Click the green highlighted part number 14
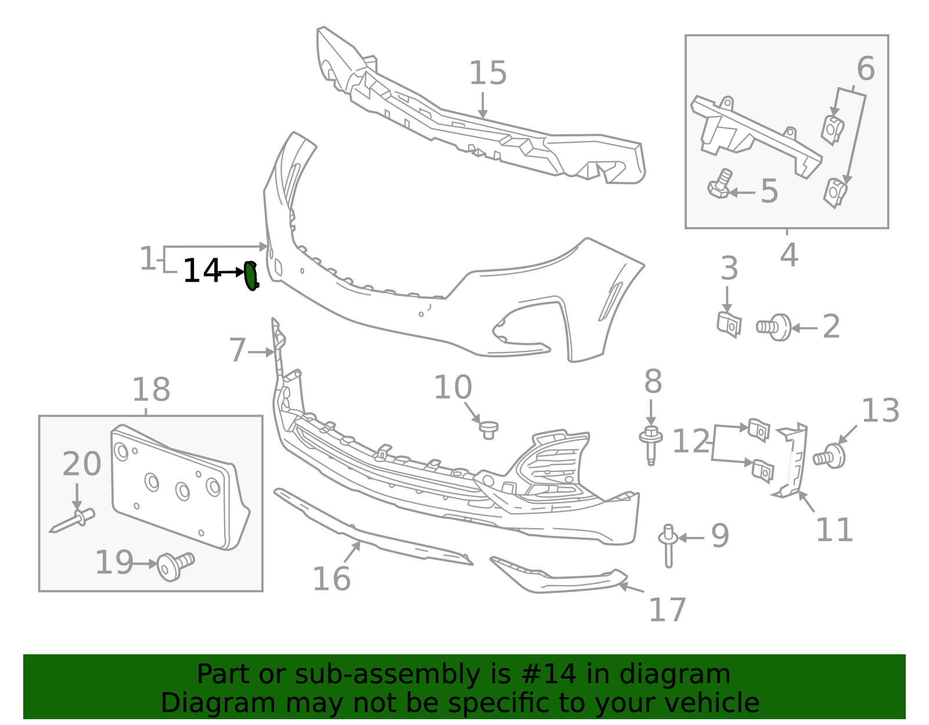tap(251, 276)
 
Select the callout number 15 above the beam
tap(488, 74)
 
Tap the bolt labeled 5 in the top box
tap(720, 185)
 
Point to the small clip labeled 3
tap(729, 324)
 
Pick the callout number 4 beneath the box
tap(788, 255)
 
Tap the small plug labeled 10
tap(488, 430)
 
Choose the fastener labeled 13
tap(831, 456)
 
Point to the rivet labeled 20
tap(74, 520)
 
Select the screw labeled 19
tap(174, 564)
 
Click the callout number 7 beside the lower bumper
tap(237, 351)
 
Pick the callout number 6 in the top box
tap(865, 69)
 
